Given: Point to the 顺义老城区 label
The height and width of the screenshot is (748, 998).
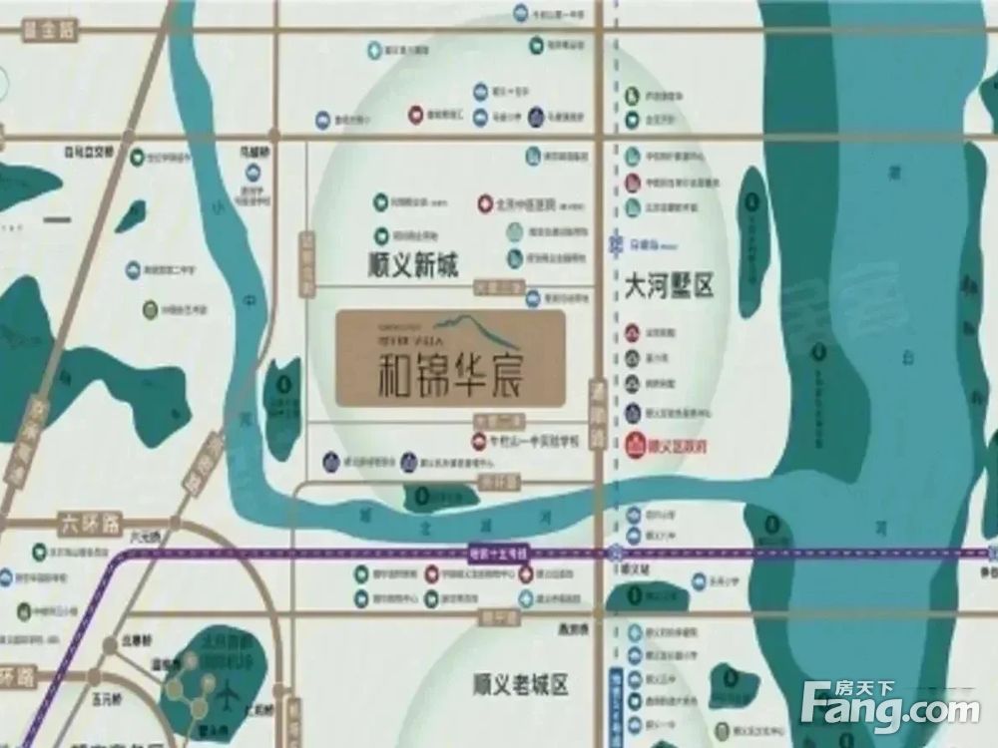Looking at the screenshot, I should coord(520,684).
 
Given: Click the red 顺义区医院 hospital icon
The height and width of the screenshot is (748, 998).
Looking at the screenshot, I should coord(635,446).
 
